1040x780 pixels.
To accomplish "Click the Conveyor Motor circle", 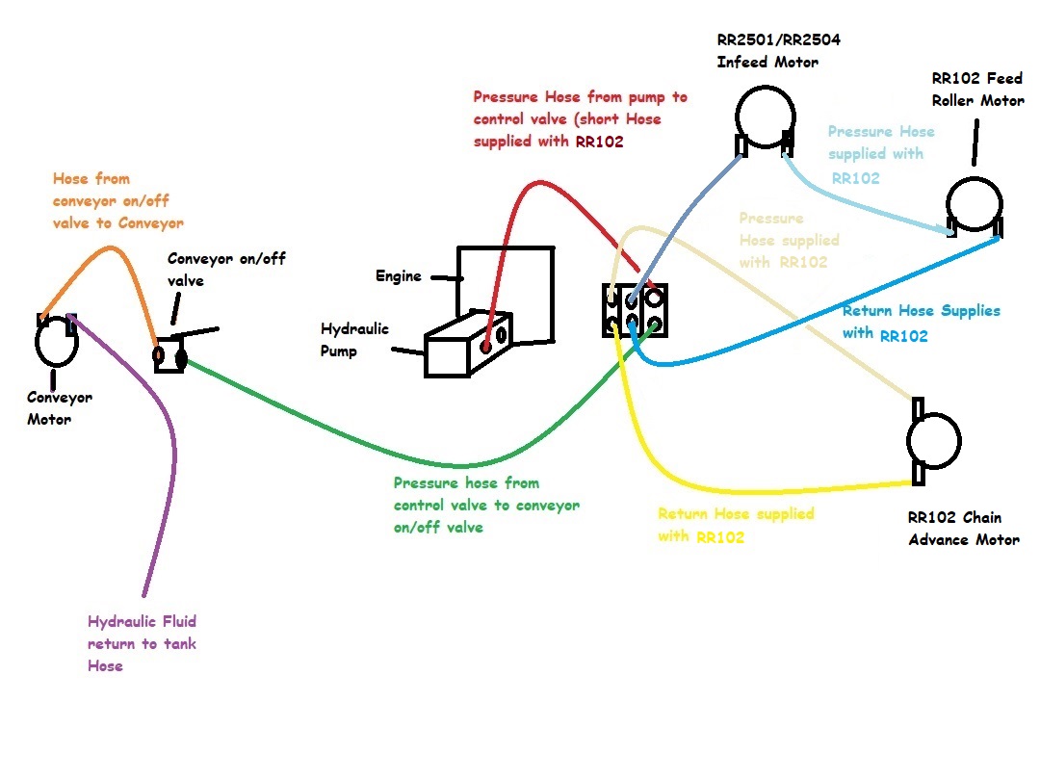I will (55, 343).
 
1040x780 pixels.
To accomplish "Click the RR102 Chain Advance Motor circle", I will (933, 440).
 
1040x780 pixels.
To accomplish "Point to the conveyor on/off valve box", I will (169, 356).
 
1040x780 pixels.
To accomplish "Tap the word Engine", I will (399, 276).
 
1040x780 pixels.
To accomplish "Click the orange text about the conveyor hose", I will (117, 200).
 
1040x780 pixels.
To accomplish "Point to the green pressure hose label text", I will (485, 506).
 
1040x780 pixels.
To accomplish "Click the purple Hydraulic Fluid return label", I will (142, 643).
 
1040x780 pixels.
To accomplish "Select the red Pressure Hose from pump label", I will (580, 118).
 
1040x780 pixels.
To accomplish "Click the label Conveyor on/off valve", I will (226, 270).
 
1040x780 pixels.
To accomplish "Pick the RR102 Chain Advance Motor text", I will (963, 528).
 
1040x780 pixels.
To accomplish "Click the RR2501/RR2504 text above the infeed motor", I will (771, 40).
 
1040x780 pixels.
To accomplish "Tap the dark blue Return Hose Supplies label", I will (920, 323).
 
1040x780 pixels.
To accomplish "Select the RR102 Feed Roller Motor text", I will (977, 89).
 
